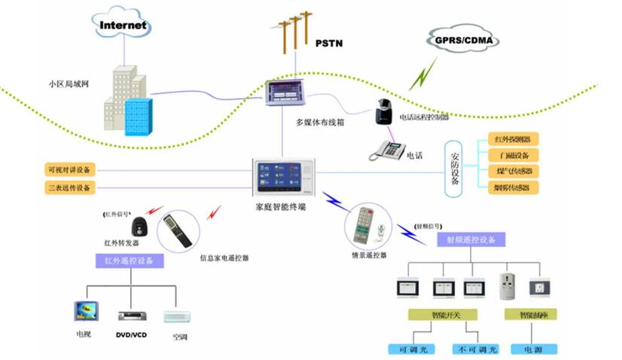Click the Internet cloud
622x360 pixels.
coord(123,25)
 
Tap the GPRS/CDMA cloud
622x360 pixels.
coord(457,39)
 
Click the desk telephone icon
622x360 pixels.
coord(387,150)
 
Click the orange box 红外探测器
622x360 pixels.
coord(513,139)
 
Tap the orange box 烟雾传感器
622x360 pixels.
coord(513,187)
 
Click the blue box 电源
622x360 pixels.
coord(534,349)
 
